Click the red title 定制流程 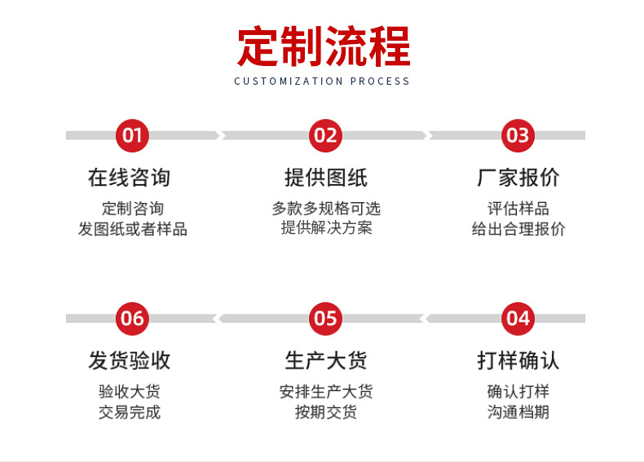(324, 46)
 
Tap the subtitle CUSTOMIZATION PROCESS (322, 81)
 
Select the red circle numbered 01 (132, 135)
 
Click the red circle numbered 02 (325, 135)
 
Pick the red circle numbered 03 (518, 135)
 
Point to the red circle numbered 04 (518, 318)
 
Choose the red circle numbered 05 (325, 318)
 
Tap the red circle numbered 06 (132, 318)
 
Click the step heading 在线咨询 (130, 178)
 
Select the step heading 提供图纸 (325, 178)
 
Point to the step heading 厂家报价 (518, 178)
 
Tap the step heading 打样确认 (518, 360)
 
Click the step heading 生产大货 (325, 360)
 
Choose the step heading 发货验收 (130, 360)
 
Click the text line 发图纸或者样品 (132, 229)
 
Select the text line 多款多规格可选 (326, 209)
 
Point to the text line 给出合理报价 (518, 229)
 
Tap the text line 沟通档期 (518, 412)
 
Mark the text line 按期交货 (326, 412)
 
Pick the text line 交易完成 (130, 412)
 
